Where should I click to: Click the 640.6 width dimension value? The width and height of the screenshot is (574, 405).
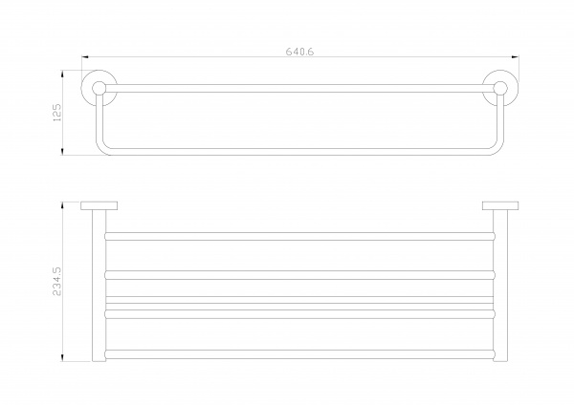click(x=299, y=52)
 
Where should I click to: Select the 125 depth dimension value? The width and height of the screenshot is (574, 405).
click(x=57, y=113)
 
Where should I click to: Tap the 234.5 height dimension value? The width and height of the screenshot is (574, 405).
click(x=57, y=281)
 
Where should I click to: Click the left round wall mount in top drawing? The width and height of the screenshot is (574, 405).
click(x=99, y=88)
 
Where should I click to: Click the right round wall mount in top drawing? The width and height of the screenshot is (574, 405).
click(x=500, y=88)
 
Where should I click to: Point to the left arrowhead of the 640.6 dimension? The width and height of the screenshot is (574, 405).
click(x=85, y=57)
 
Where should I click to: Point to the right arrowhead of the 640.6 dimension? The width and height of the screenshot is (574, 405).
click(x=515, y=57)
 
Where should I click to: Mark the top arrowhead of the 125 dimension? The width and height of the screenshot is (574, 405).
click(x=62, y=74)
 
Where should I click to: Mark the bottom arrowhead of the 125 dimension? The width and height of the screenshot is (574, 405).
click(x=62, y=151)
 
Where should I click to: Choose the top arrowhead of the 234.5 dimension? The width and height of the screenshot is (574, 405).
click(x=62, y=205)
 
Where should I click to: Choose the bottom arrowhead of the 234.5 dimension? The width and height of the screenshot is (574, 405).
click(x=62, y=358)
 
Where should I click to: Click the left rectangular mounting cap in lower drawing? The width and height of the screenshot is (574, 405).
click(x=99, y=205)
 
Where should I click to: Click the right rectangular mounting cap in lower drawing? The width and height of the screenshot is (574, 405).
click(x=500, y=205)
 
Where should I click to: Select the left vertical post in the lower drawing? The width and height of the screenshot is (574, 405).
click(x=99, y=286)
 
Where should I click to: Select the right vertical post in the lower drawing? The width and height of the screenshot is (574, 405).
click(x=500, y=286)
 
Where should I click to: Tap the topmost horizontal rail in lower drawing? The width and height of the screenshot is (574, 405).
click(x=299, y=236)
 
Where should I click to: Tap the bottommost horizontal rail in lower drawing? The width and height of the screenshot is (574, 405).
click(x=299, y=353)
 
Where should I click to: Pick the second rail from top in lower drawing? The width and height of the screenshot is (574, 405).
click(x=299, y=275)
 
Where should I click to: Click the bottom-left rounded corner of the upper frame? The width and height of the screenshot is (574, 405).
click(x=102, y=149)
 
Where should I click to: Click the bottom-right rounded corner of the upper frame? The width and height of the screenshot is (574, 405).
click(x=497, y=149)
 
